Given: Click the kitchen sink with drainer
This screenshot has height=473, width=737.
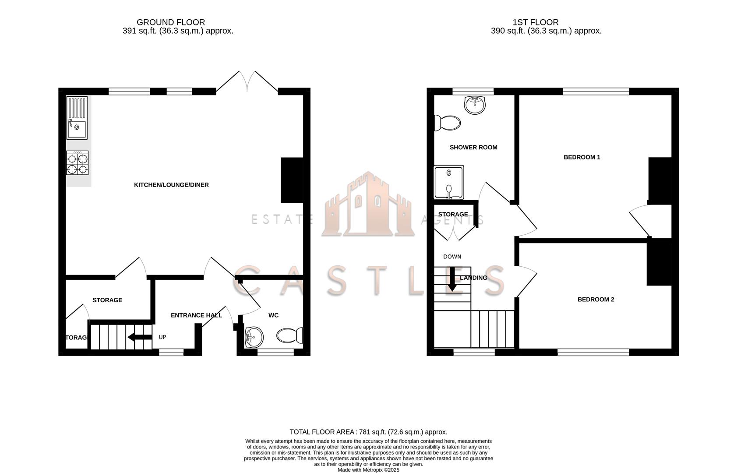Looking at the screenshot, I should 77,117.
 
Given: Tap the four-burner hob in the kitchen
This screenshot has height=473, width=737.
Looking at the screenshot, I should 77,163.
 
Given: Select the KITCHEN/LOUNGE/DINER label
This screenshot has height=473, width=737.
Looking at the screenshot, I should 171,185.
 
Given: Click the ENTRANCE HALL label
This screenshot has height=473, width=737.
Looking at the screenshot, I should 196,315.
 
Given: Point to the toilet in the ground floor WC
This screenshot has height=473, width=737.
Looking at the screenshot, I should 290,335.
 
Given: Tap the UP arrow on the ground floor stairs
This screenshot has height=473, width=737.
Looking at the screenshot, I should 139,337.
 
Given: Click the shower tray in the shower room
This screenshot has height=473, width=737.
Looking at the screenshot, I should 448,182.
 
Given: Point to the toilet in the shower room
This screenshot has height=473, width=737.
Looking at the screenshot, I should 447,123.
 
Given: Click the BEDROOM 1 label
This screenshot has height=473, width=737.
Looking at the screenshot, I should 582,157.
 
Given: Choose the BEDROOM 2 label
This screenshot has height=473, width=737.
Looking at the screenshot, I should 596,300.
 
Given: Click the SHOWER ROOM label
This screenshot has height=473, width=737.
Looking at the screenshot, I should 473,147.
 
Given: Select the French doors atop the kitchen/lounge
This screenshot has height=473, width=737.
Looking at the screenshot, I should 247,83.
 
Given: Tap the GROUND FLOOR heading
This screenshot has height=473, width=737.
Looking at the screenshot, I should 171,22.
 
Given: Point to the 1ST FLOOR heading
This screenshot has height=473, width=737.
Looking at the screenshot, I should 536,22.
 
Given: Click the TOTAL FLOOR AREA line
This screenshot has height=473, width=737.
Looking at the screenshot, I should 368,432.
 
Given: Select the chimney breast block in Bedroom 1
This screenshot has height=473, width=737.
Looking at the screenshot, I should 659,180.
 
